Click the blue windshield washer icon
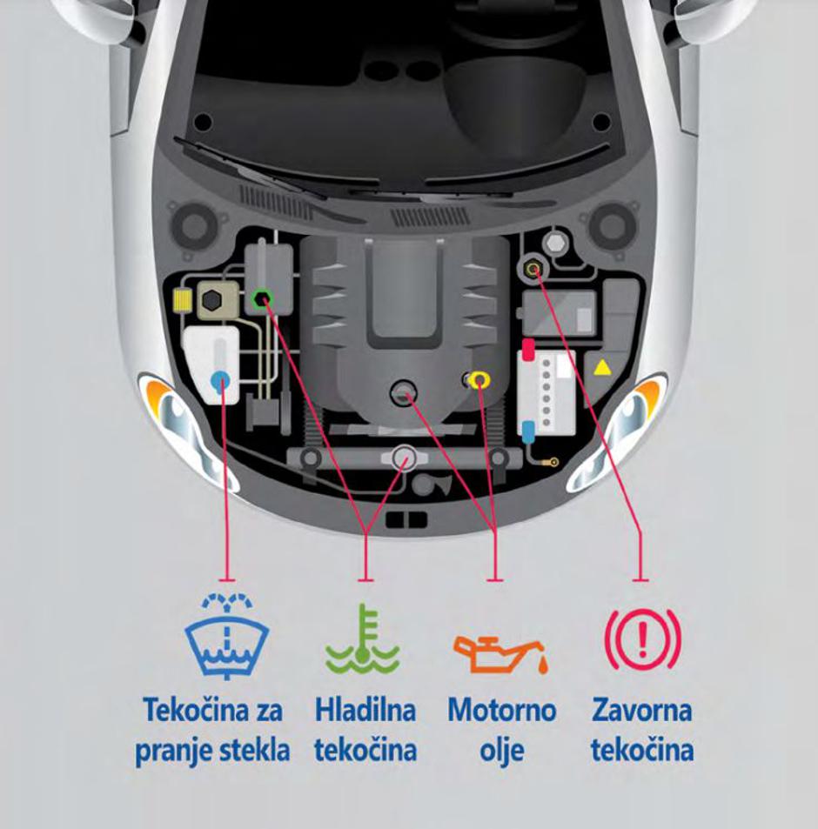[227, 636]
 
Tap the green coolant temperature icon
[362, 639]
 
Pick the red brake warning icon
[643, 639]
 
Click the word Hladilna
[365, 710]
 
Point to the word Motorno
[502, 710]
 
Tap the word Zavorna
[641, 710]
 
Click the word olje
[502, 751]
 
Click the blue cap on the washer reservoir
[220, 379]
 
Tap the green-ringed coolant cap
[261, 300]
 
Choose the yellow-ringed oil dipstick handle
[479, 379]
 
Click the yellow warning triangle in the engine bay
[601, 368]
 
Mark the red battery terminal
[528, 350]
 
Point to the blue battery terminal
[527, 431]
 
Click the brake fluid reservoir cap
[533, 269]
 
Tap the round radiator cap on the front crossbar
[405, 458]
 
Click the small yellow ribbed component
[183, 301]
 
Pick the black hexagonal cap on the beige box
[211, 300]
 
